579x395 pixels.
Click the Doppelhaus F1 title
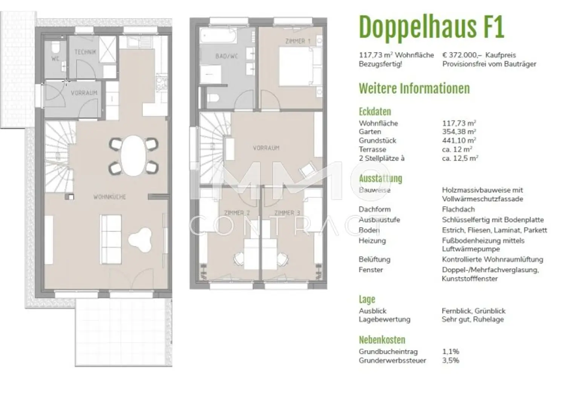point(431,27)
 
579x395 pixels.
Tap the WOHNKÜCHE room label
point(110,197)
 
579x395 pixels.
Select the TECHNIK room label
point(85,52)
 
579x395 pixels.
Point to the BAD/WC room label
point(227,56)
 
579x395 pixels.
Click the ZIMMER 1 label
point(298,41)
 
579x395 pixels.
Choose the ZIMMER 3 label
point(287,213)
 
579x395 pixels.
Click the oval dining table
point(133,155)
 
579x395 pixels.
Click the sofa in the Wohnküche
point(111,239)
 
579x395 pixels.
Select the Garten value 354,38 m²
point(459,132)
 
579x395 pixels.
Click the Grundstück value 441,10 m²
point(459,141)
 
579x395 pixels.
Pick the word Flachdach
point(458,209)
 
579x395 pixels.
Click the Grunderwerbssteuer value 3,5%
point(450,360)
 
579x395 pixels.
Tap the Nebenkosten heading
point(382,340)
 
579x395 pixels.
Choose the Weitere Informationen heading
point(414,89)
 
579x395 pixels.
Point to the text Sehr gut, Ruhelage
point(473,319)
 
